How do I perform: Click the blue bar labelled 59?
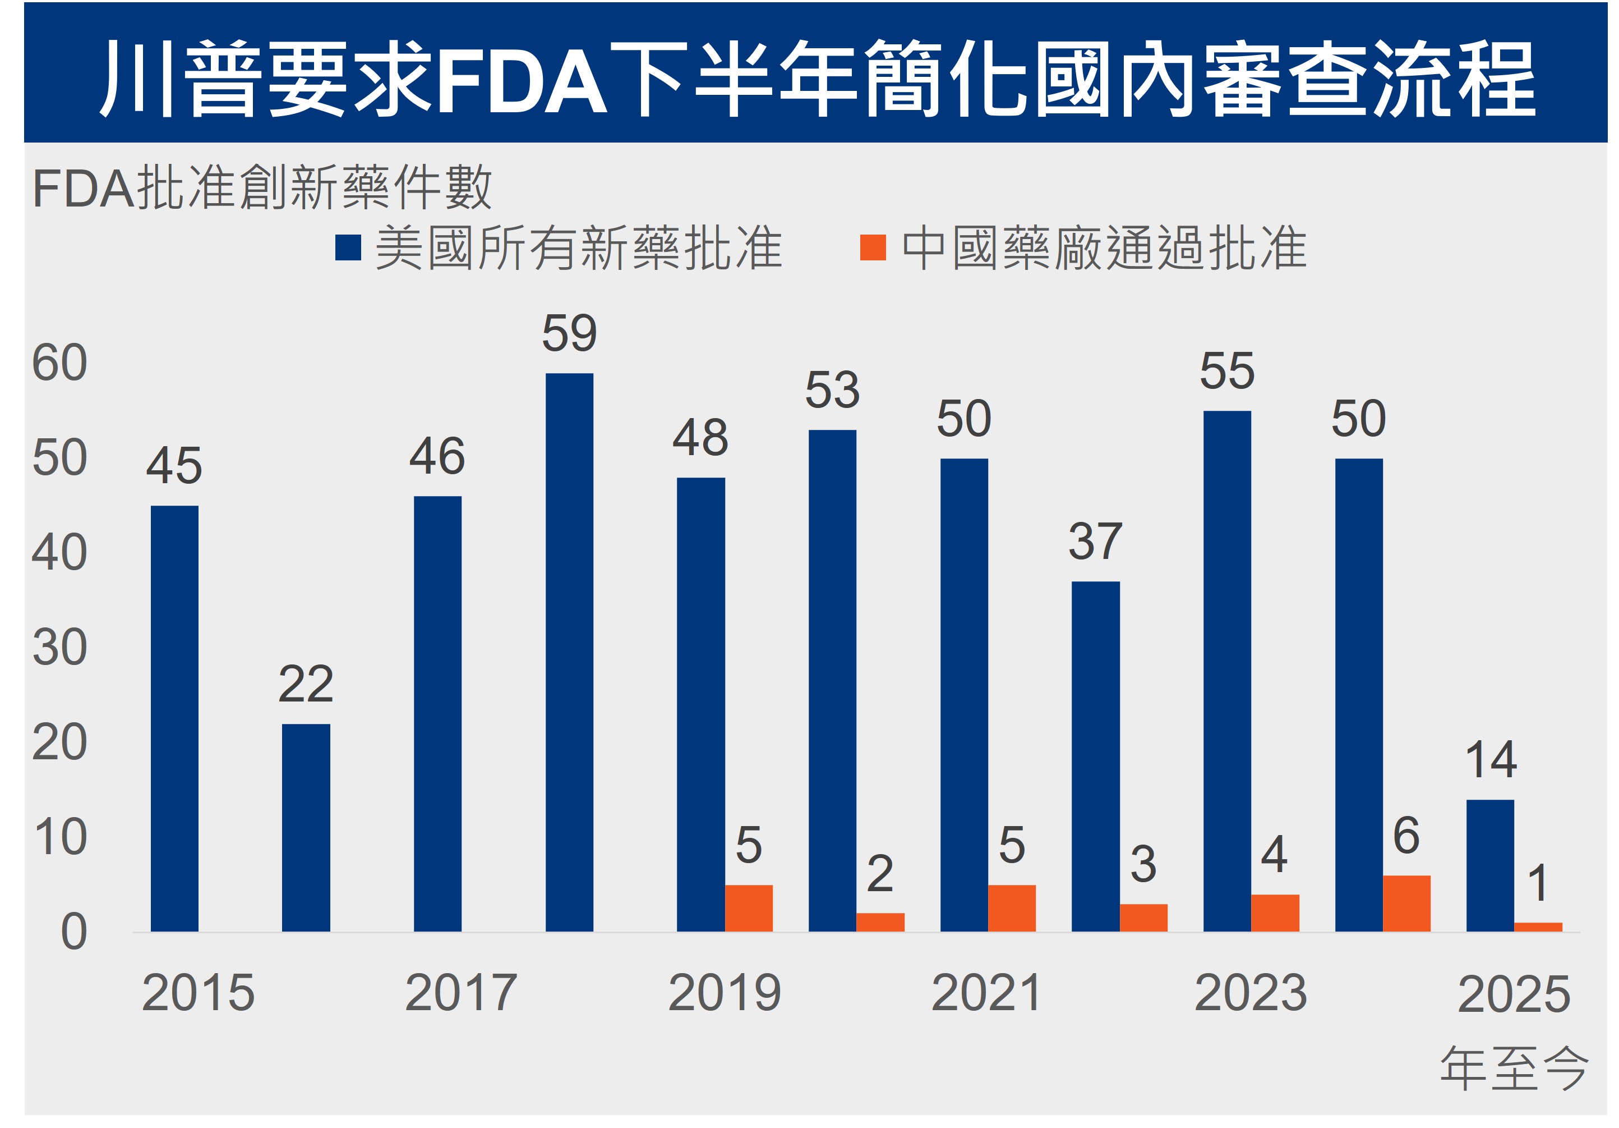[569, 652]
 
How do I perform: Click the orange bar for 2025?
[1538, 927]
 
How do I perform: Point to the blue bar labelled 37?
[1095, 756]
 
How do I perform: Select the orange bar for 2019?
[749, 908]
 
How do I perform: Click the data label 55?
[1227, 371]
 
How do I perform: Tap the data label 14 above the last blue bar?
[1491, 760]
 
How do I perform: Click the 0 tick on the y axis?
[73, 932]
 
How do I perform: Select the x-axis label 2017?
[461, 993]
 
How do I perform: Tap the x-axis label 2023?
[1251, 993]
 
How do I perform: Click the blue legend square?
[348, 247]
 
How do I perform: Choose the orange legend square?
[873, 247]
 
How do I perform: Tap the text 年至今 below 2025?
[1513, 1068]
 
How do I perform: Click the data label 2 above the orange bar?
[880, 873]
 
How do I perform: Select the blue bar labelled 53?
[832, 680]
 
